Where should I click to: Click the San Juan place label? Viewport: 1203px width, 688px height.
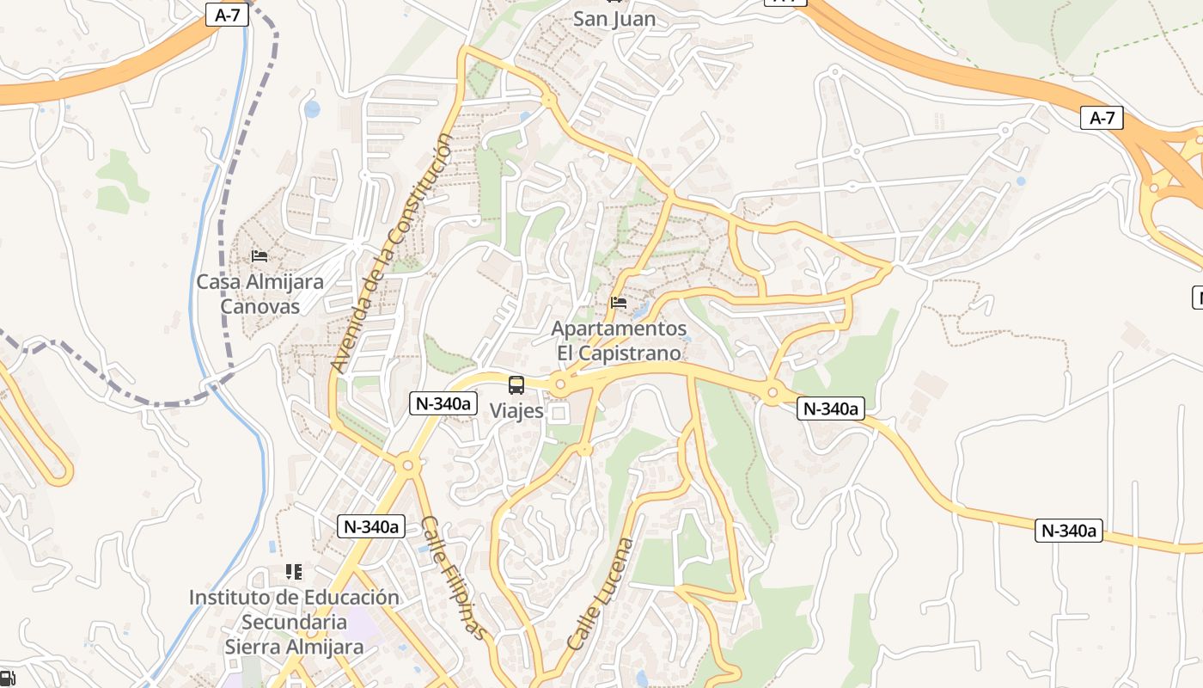614,19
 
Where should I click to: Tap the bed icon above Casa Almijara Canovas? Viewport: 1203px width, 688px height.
260,256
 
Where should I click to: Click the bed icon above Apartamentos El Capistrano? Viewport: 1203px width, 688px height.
619,302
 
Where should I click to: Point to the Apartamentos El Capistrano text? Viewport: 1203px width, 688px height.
619,341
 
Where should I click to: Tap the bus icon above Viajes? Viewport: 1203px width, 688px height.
516,385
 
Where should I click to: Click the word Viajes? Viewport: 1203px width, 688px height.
516,411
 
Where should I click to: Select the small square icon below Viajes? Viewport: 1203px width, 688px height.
559,414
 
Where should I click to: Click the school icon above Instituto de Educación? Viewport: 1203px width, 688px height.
294,572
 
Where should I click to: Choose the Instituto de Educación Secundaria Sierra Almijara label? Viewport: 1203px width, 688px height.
294,622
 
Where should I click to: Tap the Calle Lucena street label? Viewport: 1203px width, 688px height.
601,593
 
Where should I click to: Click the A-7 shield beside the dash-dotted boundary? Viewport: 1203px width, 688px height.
227,15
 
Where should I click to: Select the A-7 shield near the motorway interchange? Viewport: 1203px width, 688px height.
1102,119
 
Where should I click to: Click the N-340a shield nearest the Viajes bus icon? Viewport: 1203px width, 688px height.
443,402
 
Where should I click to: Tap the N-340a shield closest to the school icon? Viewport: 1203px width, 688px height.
370,526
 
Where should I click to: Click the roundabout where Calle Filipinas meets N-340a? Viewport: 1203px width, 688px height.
407,465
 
